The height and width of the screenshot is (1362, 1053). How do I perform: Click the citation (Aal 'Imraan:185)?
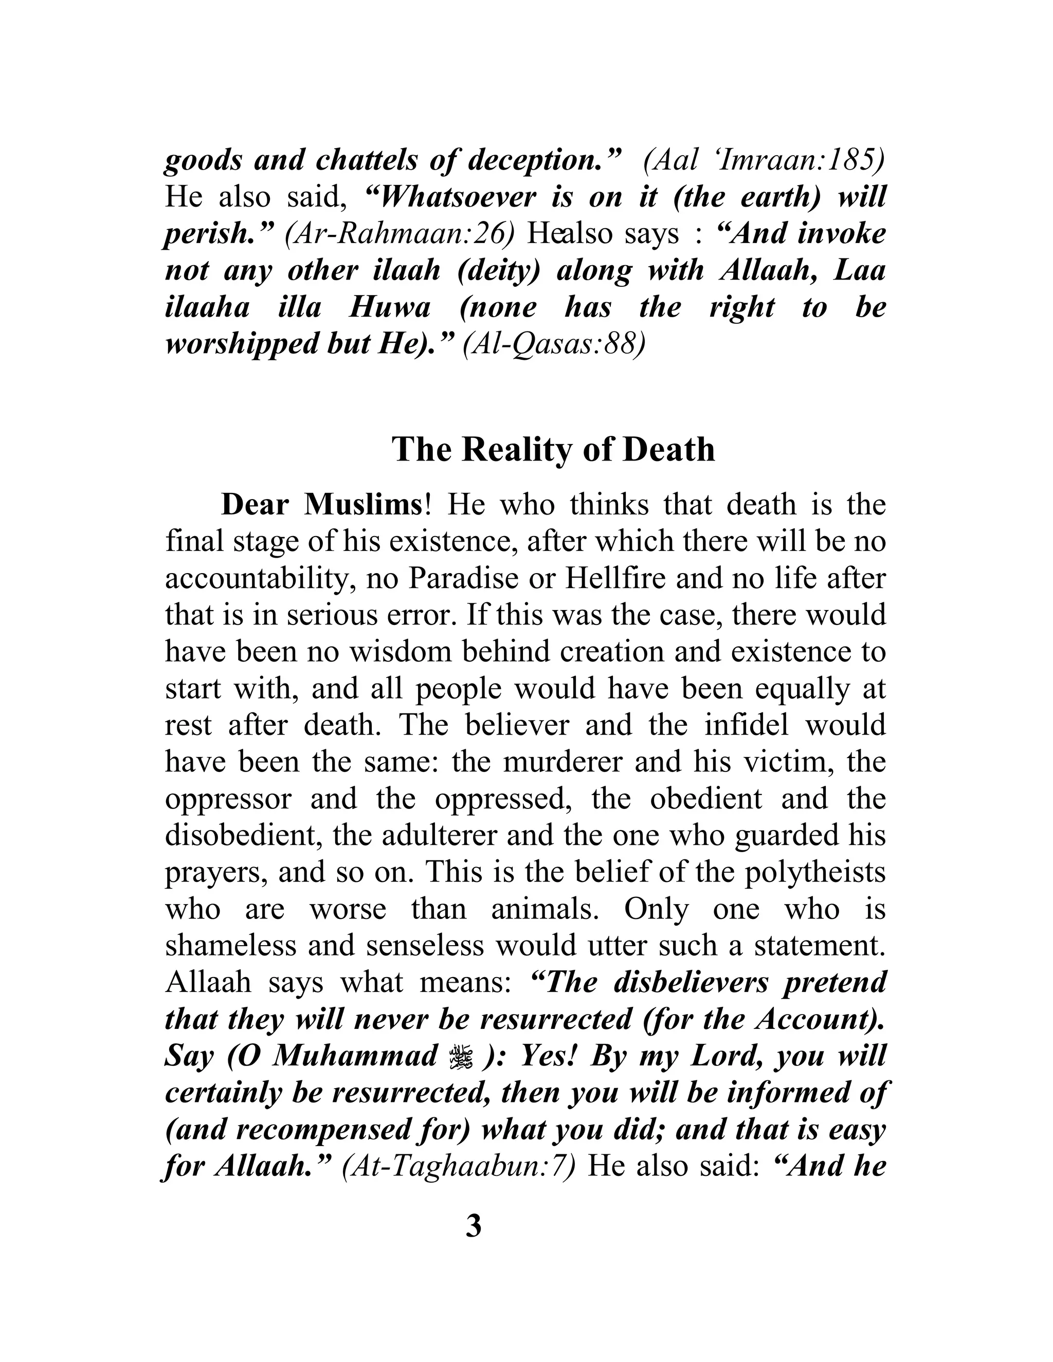pyautogui.click(x=764, y=161)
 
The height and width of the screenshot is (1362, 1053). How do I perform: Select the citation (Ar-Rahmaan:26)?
pyautogui.click(x=399, y=234)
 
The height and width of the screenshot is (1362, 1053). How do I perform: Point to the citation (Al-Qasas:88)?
pyautogui.click(x=553, y=345)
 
